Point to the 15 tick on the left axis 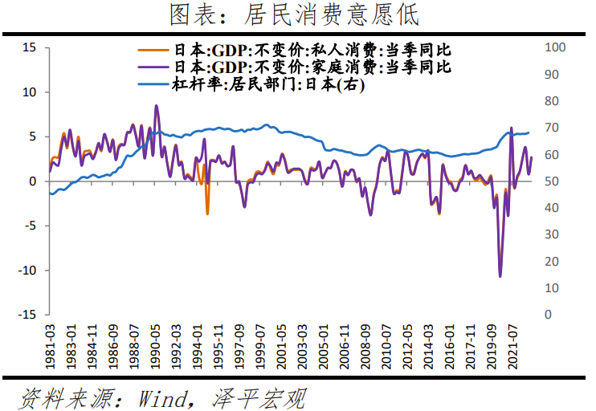click(30, 48)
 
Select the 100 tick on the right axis click(555, 48)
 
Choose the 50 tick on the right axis click(552, 181)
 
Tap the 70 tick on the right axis click(552, 128)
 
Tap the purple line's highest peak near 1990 click(157, 106)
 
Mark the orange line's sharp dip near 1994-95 click(207, 214)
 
